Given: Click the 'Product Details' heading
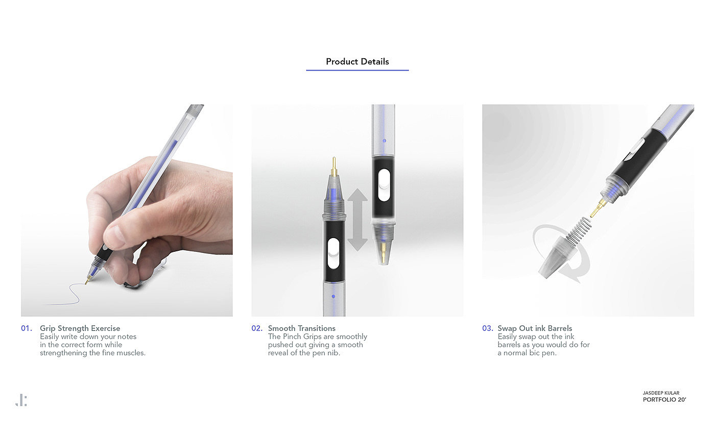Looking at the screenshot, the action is click(357, 61).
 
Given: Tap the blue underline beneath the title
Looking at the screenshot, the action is click(357, 70).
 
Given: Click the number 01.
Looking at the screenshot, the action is click(27, 329).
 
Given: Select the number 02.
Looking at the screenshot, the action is click(257, 329).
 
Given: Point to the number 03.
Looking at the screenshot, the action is click(487, 329).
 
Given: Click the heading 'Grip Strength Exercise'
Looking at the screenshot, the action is click(80, 329).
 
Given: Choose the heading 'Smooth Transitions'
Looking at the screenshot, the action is click(302, 329).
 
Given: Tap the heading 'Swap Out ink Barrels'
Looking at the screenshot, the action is click(535, 329).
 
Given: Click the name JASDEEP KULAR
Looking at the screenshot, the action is click(661, 393).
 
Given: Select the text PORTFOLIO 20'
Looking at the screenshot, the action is click(664, 400).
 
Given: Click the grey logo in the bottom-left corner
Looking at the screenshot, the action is click(21, 400).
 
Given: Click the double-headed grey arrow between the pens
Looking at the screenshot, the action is click(357, 220).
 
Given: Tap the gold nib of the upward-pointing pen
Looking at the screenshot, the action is click(334, 167).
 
